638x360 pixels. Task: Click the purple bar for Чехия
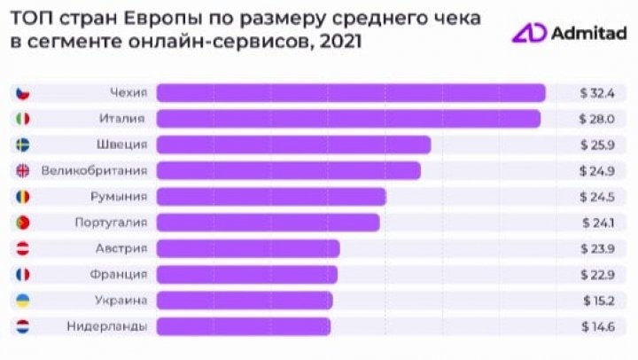[351, 93]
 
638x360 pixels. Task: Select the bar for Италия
[348, 119]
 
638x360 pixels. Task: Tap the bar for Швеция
[293, 145]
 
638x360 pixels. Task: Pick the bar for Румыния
[271, 196]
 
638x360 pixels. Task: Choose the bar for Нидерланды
[244, 326]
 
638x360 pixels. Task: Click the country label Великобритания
[95, 170]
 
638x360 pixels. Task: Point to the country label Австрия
[123, 248]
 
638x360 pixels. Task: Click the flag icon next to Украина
[24, 301]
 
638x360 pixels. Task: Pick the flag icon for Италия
[24, 119]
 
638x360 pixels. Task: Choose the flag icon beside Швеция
[24, 145]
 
